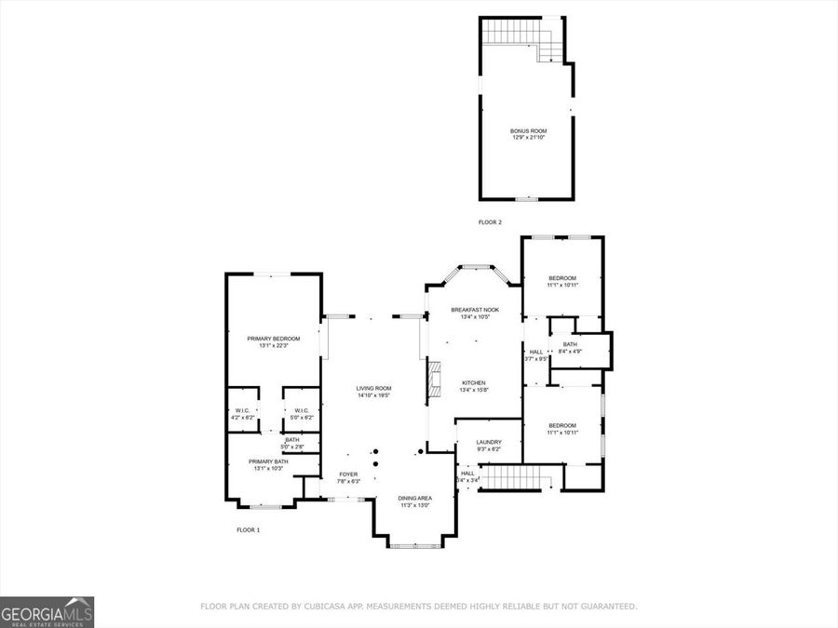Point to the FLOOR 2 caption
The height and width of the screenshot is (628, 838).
[x=490, y=222]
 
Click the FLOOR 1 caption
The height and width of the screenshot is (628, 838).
[x=248, y=529]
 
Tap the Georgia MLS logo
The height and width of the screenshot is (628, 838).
[x=47, y=612]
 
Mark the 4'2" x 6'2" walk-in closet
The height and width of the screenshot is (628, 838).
[x=241, y=413]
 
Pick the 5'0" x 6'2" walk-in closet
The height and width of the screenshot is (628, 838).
[x=302, y=413]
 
